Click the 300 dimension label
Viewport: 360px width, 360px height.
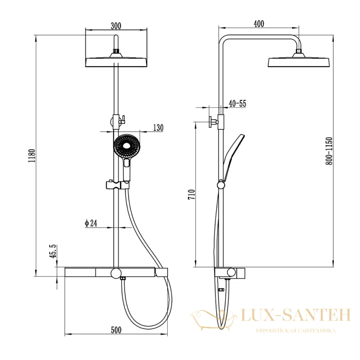[x=116, y=26]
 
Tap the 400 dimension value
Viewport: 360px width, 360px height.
[x=259, y=24]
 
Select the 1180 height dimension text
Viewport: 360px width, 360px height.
[x=31, y=156]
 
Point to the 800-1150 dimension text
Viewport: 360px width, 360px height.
[x=329, y=151]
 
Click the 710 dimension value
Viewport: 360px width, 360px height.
[x=191, y=194]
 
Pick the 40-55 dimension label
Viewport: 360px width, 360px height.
[x=237, y=104]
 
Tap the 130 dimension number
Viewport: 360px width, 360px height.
[x=158, y=128]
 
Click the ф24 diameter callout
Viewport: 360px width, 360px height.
[x=91, y=223]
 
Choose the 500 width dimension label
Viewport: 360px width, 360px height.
[x=116, y=330]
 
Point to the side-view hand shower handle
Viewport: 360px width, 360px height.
[x=234, y=157]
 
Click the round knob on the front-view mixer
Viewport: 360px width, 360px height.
[x=116, y=273]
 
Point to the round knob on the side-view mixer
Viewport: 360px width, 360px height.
[x=231, y=273]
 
